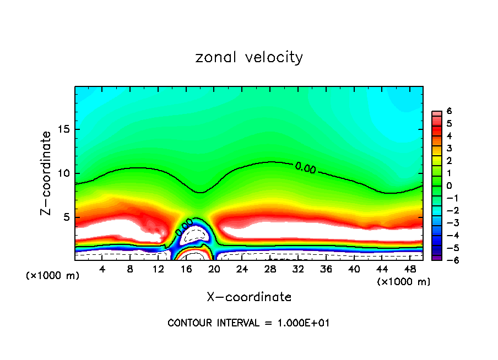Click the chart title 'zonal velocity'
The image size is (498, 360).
tap(248, 57)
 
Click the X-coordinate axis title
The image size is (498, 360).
tap(249, 297)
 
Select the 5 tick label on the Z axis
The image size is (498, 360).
tap(66, 217)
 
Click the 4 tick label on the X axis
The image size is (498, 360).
tap(102, 269)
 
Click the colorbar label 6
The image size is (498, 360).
tap(449, 111)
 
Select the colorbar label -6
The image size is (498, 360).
tap(447, 260)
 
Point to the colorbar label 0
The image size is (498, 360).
tap(449, 186)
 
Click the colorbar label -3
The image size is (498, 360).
tap(447, 222)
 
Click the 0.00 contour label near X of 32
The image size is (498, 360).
tap(305, 168)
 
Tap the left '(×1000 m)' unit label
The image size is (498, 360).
tap(52, 275)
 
